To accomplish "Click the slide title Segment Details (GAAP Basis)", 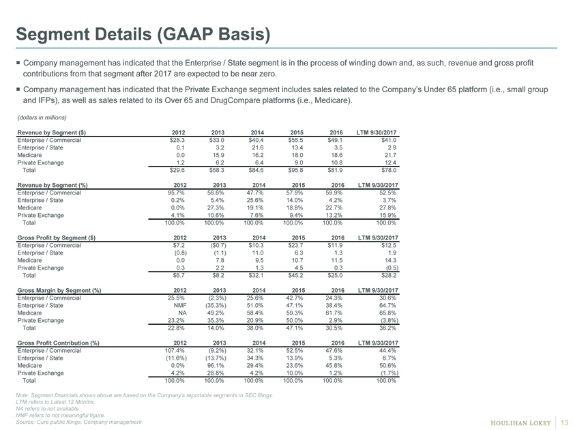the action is (143, 34).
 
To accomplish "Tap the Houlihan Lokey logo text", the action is (520, 423).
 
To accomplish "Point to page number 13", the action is (564, 422).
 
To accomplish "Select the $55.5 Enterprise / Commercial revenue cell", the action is (296, 140).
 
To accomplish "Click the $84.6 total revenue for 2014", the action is (256, 170).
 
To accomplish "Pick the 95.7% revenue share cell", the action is (176, 192).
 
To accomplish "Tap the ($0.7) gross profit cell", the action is (219, 245).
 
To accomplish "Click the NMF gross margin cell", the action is (180, 305).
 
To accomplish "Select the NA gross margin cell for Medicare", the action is (182, 313).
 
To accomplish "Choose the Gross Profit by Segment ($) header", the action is (56, 238).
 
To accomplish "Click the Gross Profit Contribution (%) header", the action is (58, 343).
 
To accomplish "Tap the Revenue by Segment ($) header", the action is (52, 132).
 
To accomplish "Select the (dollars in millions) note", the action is (42, 117).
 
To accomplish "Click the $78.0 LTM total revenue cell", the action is (389, 170).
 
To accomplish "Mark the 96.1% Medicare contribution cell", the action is (218, 366).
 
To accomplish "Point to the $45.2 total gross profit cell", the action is (295, 275).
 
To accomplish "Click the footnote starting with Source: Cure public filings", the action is (79, 422).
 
